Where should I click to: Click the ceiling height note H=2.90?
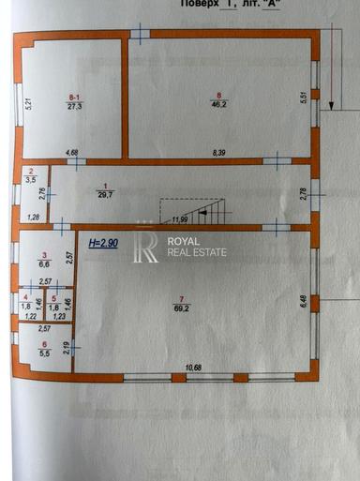click(103, 243)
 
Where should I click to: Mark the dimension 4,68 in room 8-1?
click(72, 152)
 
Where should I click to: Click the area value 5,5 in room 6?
click(44, 353)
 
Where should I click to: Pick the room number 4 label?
click(26, 298)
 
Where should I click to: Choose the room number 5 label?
click(54, 298)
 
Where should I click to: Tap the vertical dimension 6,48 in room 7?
click(304, 301)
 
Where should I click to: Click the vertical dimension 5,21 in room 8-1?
click(29, 104)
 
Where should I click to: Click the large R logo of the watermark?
click(146, 246)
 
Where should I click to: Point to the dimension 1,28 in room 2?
click(33, 218)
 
